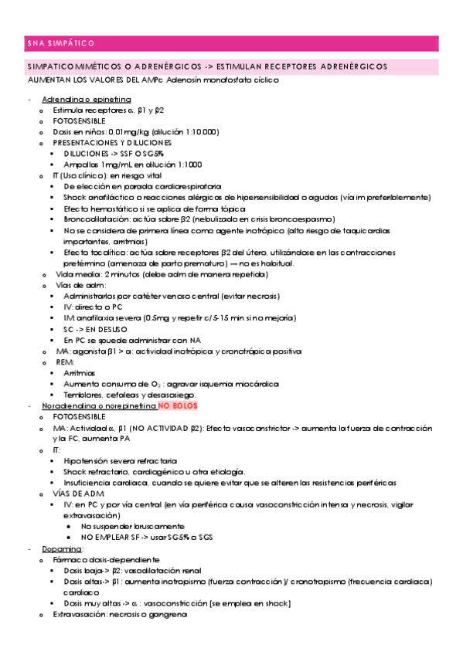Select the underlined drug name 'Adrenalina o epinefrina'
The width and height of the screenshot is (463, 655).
coord(87,100)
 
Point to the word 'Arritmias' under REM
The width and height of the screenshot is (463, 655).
coord(80,372)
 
